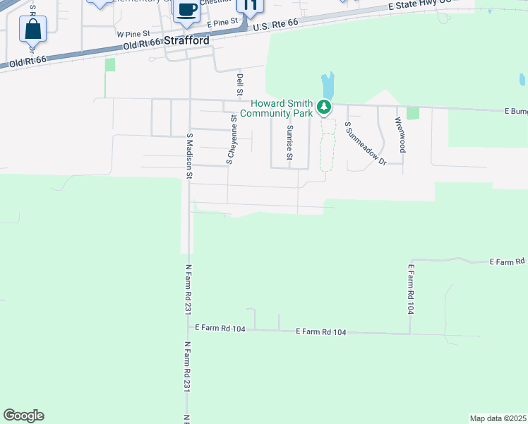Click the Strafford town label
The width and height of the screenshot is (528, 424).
point(187,41)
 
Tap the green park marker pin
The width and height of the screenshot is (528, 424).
point(324,107)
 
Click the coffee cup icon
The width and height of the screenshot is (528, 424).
point(186,9)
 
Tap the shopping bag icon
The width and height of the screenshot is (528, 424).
point(32,30)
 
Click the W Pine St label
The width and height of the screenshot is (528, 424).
point(133,33)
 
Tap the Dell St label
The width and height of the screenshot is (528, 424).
point(240,85)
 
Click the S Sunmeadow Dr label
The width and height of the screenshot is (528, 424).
point(365,143)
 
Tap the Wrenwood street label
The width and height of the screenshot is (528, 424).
point(400,134)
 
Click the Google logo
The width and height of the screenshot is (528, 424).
point(23,416)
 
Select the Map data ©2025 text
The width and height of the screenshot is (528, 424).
point(498,418)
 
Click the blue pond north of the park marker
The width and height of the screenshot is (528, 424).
point(328,86)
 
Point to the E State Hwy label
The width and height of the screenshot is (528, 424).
point(419,4)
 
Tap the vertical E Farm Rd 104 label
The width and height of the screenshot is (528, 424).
point(411,289)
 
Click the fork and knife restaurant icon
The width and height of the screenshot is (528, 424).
point(249,6)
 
